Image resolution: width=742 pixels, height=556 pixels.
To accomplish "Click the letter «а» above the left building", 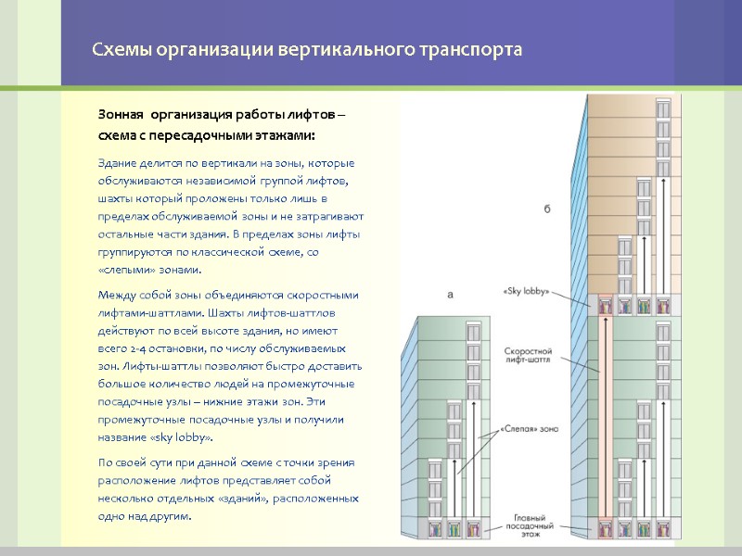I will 450,295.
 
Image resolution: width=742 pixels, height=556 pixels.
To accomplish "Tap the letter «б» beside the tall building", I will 547,209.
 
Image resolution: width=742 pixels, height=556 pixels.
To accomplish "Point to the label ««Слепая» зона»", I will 530,429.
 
